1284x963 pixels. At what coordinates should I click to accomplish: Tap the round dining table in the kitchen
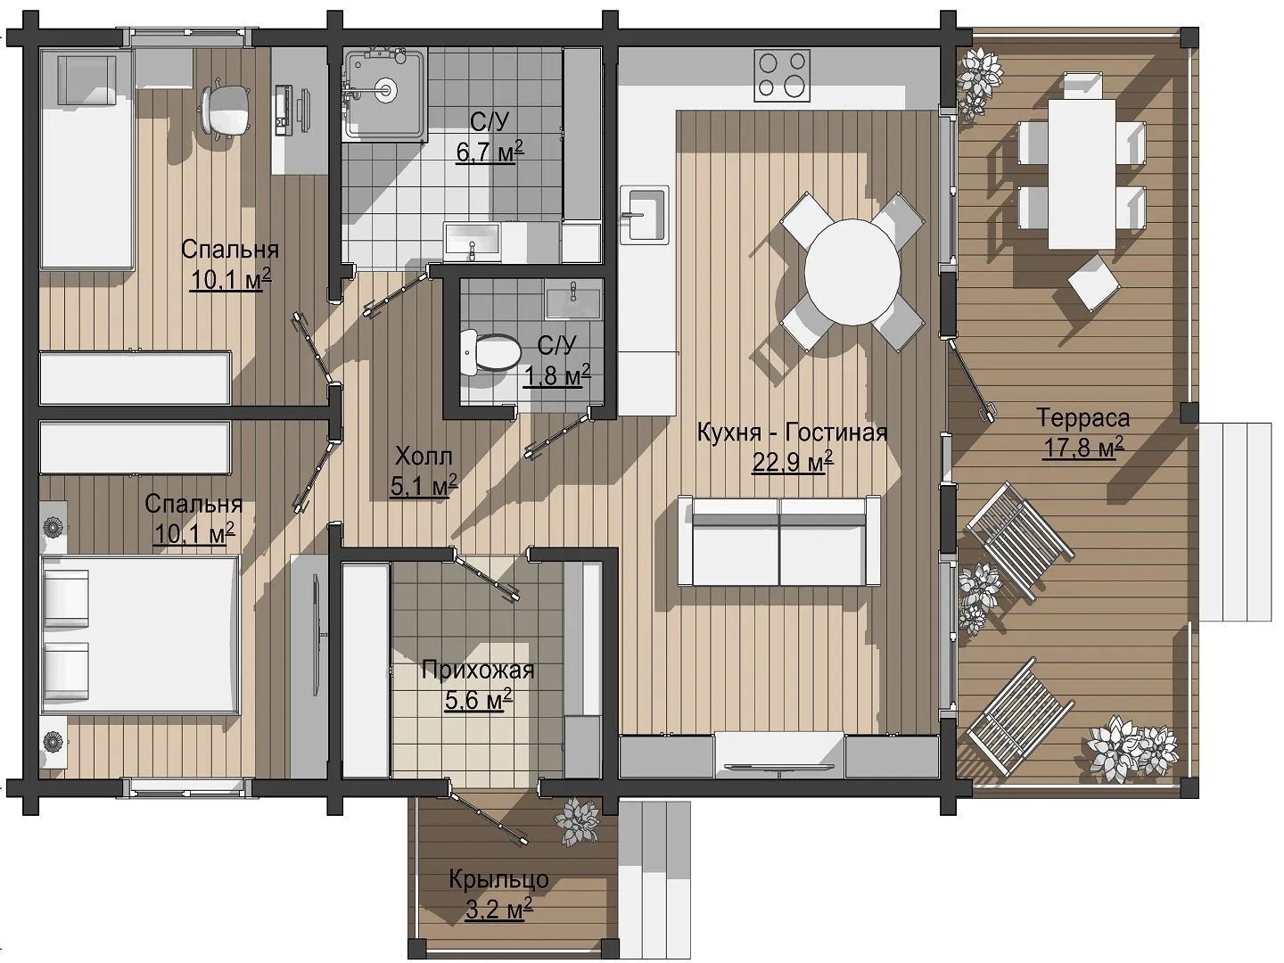[852, 273]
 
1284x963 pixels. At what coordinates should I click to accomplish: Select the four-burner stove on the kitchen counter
[783, 75]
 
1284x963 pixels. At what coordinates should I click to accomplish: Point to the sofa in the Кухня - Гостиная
[779, 540]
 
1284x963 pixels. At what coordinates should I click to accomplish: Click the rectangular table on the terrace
[1082, 174]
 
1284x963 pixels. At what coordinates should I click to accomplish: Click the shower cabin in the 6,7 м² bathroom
[385, 95]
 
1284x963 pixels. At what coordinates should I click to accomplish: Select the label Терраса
[1082, 418]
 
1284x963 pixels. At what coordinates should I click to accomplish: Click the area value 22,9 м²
[793, 462]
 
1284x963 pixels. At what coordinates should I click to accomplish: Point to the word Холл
[424, 456]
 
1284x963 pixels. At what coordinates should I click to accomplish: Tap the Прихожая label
[478, 670]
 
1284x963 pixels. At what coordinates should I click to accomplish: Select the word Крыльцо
[499, 879]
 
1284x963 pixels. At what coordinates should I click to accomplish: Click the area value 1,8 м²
[556, 376]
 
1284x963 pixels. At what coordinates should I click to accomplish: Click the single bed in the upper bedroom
[87, 159]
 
